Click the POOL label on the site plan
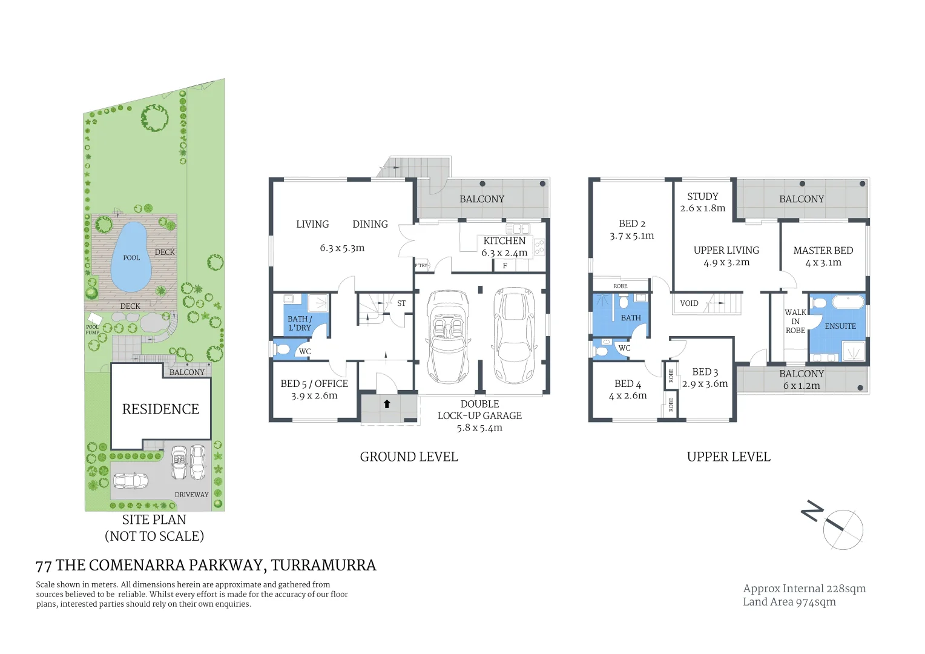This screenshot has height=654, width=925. click(x=131, y=258)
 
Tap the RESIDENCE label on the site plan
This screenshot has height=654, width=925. click(x=160, y=409)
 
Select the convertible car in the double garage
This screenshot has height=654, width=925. click(x=448, y=337)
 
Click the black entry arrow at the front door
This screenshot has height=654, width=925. click(x=387, y=404)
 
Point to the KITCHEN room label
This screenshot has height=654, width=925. click(x=504, y=241)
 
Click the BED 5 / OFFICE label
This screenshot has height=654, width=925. click(x=314, y=384)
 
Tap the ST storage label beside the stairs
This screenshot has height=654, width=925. click(x=401, y=303)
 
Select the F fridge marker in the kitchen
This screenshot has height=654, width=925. click(x=505, y=266)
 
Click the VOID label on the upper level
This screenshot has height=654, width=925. click(x=689, y=303)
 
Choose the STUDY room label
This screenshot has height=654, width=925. click(x=702, y=197)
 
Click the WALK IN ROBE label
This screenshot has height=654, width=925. click(x=795, y=322)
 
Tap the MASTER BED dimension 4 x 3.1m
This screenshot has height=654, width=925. click(x=823, y=263)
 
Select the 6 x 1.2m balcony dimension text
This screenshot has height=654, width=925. click(x=802, y=386)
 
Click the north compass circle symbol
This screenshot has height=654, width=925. click(x=843, y=529)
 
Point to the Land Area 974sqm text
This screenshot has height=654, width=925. click(x=789, y=602)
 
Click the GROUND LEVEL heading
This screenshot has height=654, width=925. click(x=409, y=457)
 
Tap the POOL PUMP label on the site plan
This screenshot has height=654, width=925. click(x=92, y=330)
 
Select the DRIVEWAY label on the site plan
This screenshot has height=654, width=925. click(x=191, y=495)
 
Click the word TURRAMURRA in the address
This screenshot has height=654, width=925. click(x=323, y=566)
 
